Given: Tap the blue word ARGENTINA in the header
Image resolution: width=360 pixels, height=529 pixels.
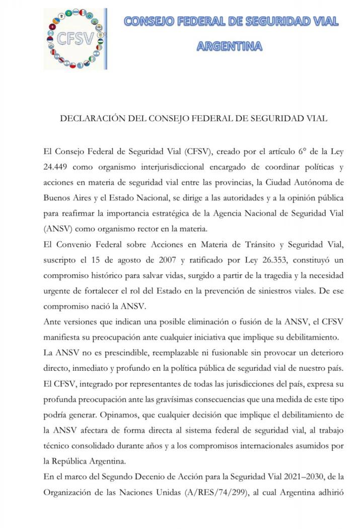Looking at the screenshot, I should pos(229,46).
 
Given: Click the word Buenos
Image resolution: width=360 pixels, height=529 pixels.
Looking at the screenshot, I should pos(57,197).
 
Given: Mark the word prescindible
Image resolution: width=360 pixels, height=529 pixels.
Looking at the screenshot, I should pos(123,353).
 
